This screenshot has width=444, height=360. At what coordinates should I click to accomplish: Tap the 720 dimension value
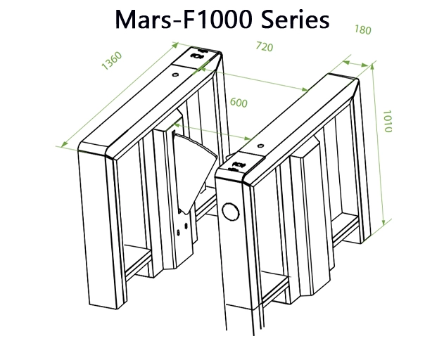(264, 47)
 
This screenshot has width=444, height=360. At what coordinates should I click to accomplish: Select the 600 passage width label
(239, 103)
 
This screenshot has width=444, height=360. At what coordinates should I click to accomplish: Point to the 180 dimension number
(363, 30)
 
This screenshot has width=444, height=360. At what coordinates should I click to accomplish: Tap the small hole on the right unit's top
(260, 146)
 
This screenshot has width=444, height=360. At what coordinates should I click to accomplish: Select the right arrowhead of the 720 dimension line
(307, 89)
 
